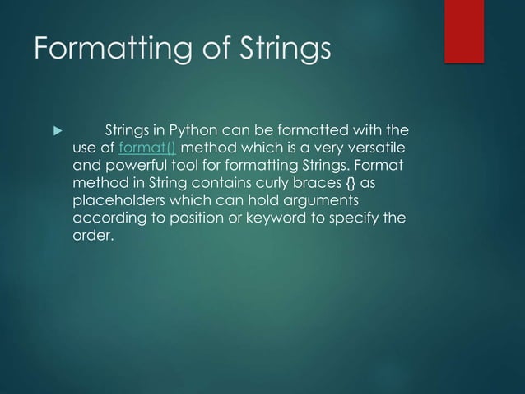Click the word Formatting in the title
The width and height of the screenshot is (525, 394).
click(107, 50)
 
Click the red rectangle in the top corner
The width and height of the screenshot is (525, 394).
click(474, 30)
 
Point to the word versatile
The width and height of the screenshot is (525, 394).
click(377, 148)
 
